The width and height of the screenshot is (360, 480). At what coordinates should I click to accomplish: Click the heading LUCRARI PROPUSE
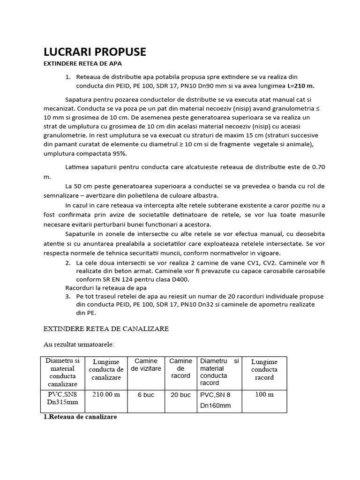tap(95, 52)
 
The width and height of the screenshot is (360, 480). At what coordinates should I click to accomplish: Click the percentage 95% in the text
tap(117, 153)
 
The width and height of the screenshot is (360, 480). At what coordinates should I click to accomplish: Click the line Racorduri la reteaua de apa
tap(106, 288)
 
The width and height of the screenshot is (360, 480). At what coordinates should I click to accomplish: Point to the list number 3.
tap(67, 296)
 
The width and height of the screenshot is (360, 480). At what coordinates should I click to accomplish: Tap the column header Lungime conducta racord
tap(264, 369)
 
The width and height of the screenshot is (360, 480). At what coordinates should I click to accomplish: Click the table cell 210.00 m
tap(106, 394)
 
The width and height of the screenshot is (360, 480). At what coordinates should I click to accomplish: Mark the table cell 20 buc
tap(180, 395)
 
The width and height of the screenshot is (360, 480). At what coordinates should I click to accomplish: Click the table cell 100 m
tap(264, 394)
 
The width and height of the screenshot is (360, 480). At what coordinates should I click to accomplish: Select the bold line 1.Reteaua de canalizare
tap(80, 416)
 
